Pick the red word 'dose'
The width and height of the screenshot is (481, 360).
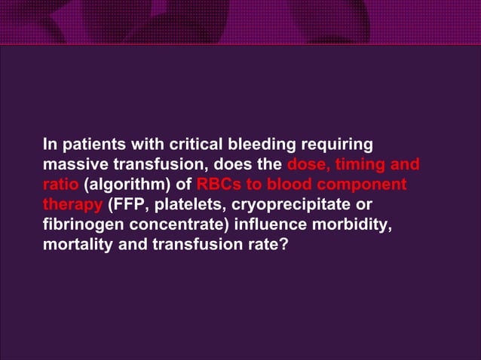(306, 164)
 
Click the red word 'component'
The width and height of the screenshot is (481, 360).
(367, 185)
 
